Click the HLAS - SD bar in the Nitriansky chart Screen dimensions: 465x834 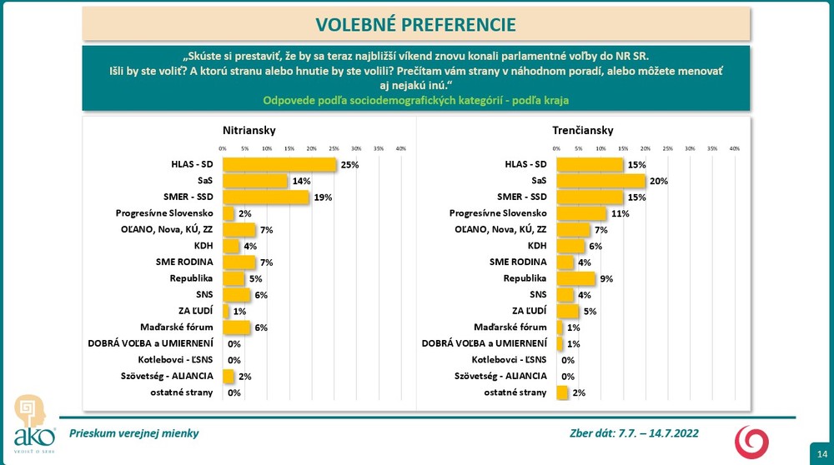click(279, 165)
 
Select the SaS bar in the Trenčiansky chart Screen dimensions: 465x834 click(600, 181)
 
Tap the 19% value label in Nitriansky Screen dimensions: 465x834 click(324, 197)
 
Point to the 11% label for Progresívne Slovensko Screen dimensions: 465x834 click(620, 213)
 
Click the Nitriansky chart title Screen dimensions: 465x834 click(249, 131)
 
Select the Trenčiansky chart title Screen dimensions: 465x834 click(582, 131)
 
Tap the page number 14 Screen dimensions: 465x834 click(819, 450)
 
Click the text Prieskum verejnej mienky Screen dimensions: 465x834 click(134, 433)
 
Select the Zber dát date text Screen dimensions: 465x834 click(633, 433)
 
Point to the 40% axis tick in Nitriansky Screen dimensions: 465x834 click(400, 148)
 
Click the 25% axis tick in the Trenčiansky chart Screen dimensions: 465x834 click(667, 148)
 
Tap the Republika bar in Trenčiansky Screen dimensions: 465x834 click(576, 278)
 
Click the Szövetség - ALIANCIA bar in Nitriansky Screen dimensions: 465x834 click(227, 376)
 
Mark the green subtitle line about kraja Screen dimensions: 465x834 click(416, 100)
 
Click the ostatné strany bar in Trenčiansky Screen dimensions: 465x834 click(561, 392)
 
